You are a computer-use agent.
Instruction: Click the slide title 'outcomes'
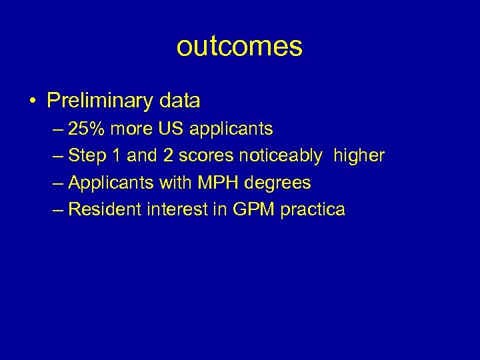coord(239,47)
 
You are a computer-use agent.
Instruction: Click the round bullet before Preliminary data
coord(33,101)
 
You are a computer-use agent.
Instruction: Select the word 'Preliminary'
coord(100,101)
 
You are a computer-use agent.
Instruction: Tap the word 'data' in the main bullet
coord(180,101)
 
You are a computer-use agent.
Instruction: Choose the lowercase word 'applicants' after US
coord(229,129)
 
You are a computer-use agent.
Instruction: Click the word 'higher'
coord(359,156)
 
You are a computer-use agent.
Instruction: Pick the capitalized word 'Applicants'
coord(111,183)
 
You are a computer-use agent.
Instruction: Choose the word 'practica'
coord(313,209)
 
